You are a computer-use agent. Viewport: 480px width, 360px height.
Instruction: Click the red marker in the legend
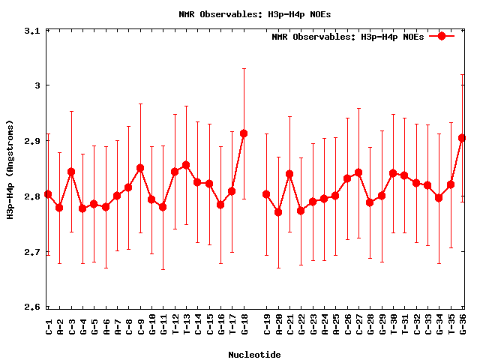[442, 36]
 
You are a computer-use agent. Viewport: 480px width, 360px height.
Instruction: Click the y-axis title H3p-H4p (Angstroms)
[10, 169]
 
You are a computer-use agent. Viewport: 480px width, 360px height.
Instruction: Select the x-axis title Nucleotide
[255, 355]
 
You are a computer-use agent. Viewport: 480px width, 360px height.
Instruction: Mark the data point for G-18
[244, 133]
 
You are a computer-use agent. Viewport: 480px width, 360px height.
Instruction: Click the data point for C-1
[48, 194]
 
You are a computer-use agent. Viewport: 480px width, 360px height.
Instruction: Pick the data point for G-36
[462, 138]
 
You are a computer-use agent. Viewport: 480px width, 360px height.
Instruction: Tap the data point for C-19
[266, 194]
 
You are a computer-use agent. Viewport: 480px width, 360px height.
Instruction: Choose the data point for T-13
[186, 165]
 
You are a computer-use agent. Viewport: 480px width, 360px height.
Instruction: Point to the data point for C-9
[140, 168]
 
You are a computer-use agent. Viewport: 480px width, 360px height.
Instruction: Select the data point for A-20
[278, 212]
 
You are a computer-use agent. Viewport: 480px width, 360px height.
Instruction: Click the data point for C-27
[358, 172]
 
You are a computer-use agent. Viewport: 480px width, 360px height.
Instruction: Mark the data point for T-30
[393, 173]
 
